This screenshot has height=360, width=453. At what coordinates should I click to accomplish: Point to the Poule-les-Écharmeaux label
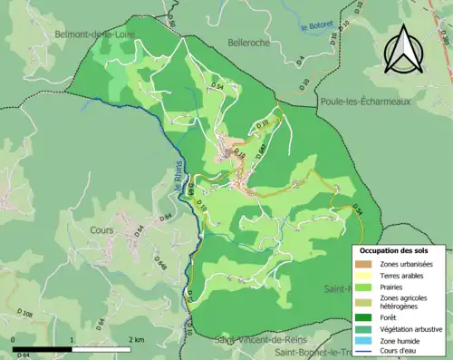click(364, 102)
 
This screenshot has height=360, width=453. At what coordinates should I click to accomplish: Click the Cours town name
click(101, 230)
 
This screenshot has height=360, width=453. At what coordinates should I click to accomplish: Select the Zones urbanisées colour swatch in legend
click(364, 263)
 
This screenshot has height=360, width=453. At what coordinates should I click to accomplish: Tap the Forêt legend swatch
click(364, 316)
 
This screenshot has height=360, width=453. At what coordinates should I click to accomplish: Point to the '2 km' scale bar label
click(135, 338)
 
